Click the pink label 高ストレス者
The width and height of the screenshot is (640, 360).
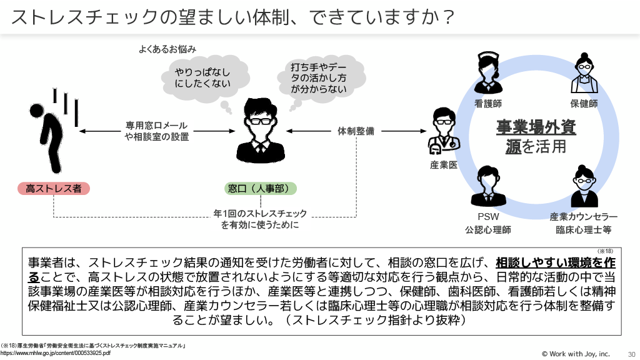coord(53,187)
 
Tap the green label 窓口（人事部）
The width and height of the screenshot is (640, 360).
coord(261,187)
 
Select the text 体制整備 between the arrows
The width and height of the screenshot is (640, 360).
coord(356,131)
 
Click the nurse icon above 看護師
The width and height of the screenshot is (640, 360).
coord(487,72)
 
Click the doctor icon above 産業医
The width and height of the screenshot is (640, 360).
coord(443,131)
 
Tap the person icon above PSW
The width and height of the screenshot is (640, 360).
coord(487,185)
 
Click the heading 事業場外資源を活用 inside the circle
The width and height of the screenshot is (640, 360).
coord(536,136)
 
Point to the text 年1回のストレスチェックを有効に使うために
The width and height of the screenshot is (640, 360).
coord(260,219)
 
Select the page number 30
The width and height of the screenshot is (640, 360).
coord(630,354)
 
